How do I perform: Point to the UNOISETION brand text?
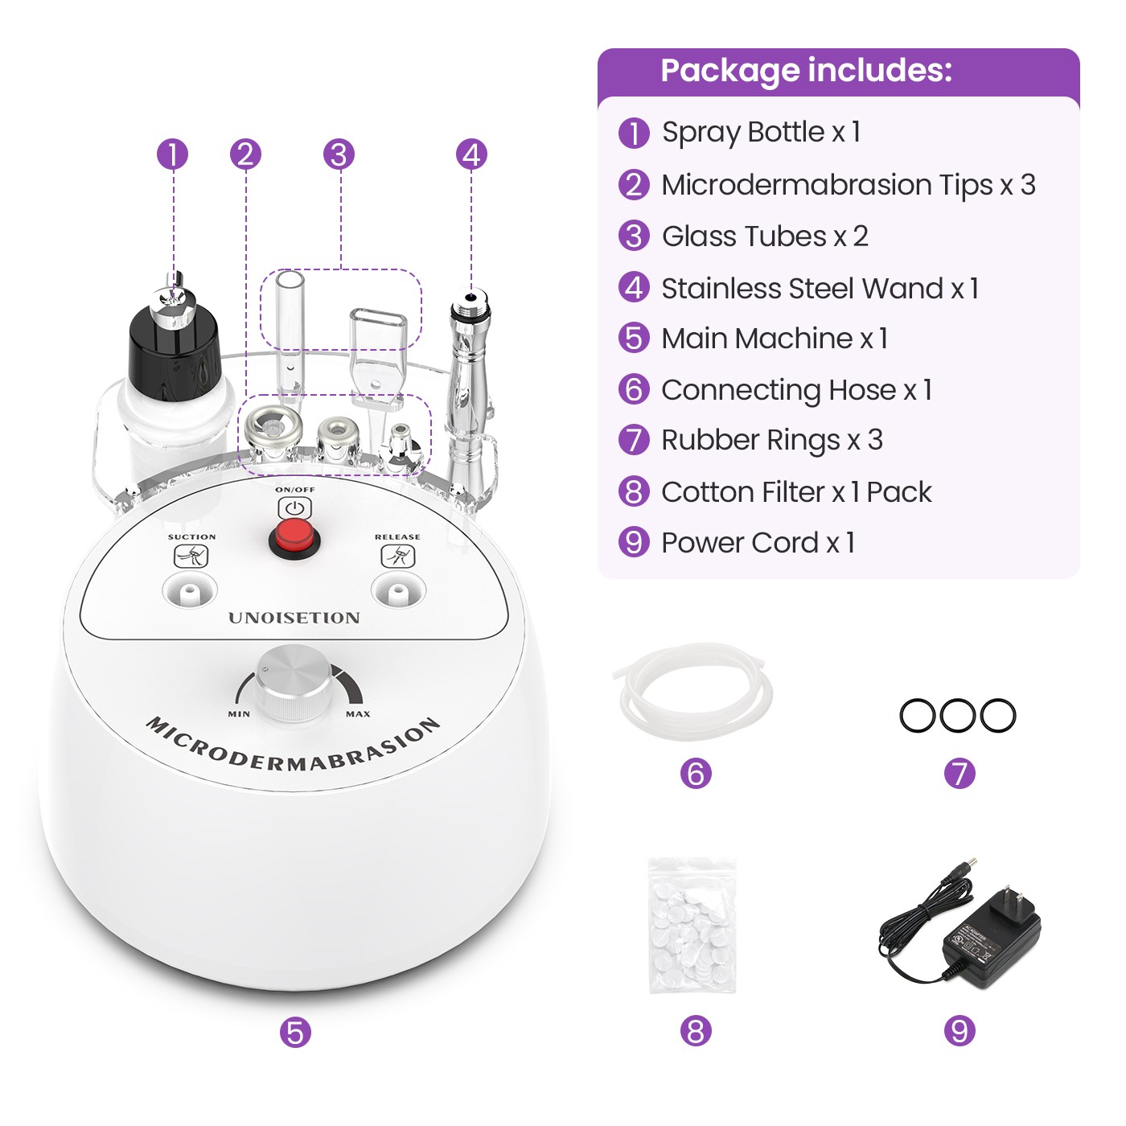pos(294,618)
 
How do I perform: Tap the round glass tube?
pos(289,322)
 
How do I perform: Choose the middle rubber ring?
pos(957,715)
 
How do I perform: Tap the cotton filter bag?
pos(692,925)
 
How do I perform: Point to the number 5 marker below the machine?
pos(295,1032)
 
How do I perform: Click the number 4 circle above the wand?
pos(471,154)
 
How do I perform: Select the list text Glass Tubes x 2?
pos(764,236)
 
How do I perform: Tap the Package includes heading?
pos(806,71)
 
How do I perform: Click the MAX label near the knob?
pos(358,714)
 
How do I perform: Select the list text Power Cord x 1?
pos(758,543)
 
